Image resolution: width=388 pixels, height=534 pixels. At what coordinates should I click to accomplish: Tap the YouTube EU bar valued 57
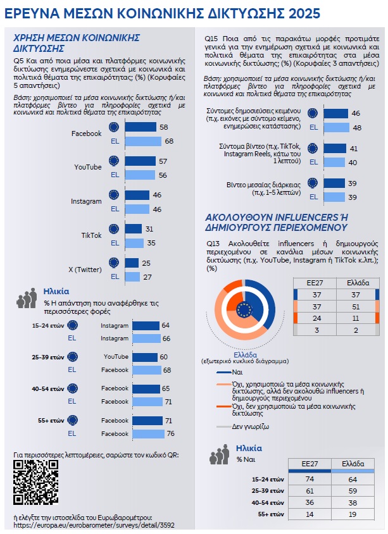(x=140, y=161)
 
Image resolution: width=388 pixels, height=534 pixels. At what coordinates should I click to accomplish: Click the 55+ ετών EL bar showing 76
(x=147, y=434)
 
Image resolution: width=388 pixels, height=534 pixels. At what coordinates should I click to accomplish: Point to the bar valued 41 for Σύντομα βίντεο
(x=334, y=149)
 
